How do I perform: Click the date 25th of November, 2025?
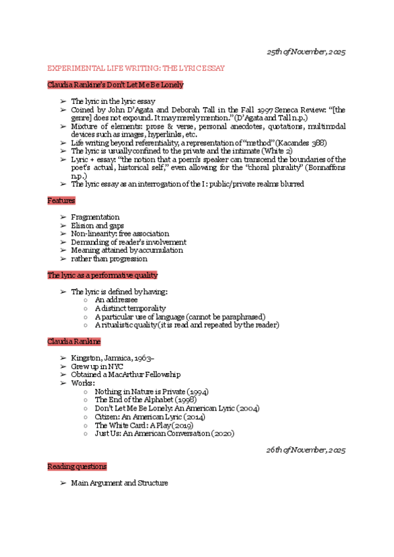(305, 52)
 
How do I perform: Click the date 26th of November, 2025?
(305, 450)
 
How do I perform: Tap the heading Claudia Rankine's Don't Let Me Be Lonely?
(116, 85)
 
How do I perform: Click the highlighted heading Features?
(61, 200)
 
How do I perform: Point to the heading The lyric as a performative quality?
(102, 275)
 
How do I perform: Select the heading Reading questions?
(77, 466)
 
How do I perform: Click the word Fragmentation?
(95, 217)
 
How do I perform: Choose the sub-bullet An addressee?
(116, 300)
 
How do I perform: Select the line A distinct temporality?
(130, 308)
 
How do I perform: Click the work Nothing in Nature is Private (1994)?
(151, 391)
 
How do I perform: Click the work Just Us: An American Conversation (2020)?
(164, 434)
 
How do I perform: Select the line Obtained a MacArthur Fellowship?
(125, 374)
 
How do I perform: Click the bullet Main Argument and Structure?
(120, 483)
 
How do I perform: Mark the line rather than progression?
(109, 259)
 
